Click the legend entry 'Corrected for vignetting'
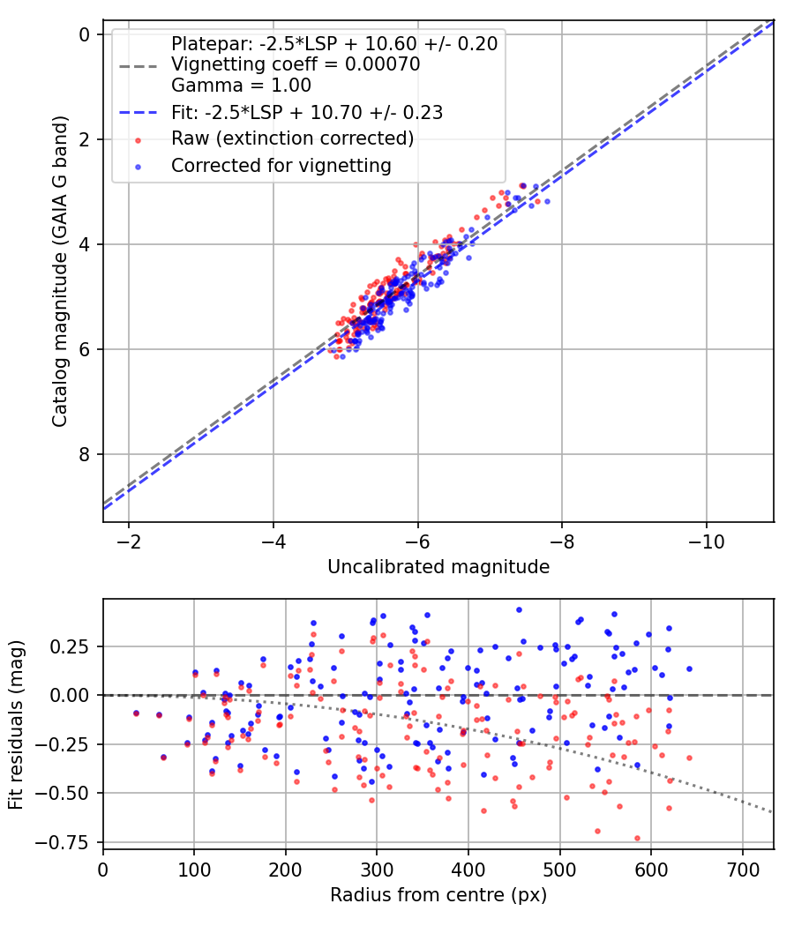pyautogui.click(x=281, y=166)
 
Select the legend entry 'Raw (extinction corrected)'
pyautogui.click(x=292, y=138)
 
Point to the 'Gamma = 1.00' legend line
pyautogui.click(x=241, y=85)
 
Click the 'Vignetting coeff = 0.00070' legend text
pyautogui.click(x=296, y=63)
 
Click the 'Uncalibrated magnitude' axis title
pyautogui.click(x=438, y=567)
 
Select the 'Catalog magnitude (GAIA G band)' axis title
pyautogui.click(x=59, y=272)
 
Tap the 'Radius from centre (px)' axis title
pyautogui.click(x=438, y=895)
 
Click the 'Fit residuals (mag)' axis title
pyautogui.click(x=16, y=725)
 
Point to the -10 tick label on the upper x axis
pyautogui.click(x=707, y=541)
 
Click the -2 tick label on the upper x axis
pyautogui.click(x=128, y=541)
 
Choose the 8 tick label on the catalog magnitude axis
pyautogui.click(x=85, y=454)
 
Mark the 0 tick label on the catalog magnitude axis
pyautogui.click(x=85, y=35)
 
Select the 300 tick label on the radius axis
pyautogui.click(x=377, y=870)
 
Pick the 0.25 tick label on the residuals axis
pyautogui.click(x=71, y=646)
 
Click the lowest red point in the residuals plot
pyautogui.click(x=637, y=838)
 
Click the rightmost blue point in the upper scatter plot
pyautogui.click(x=547, y=202)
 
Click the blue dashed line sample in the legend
pyautogui.click(x=139, y=112)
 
